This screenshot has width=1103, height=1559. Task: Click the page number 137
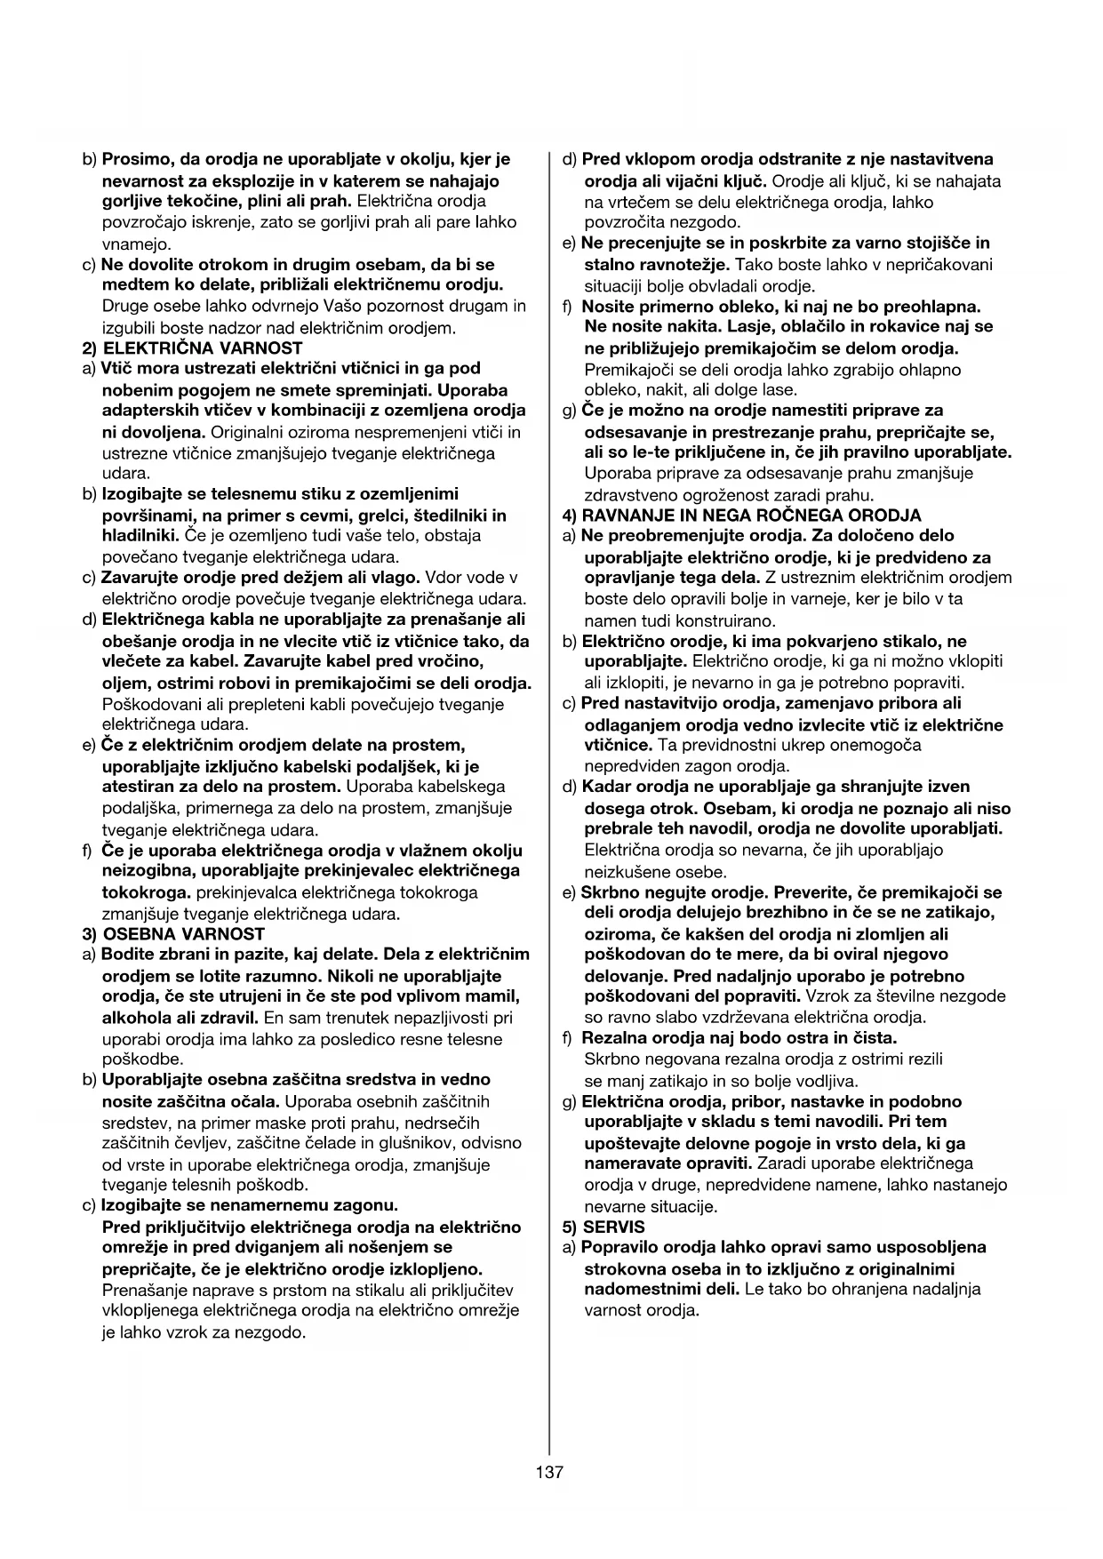[549, 1472]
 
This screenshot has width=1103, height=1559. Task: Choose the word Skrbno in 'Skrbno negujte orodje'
[607, 891]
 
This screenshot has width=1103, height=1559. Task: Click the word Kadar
[606, 787]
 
